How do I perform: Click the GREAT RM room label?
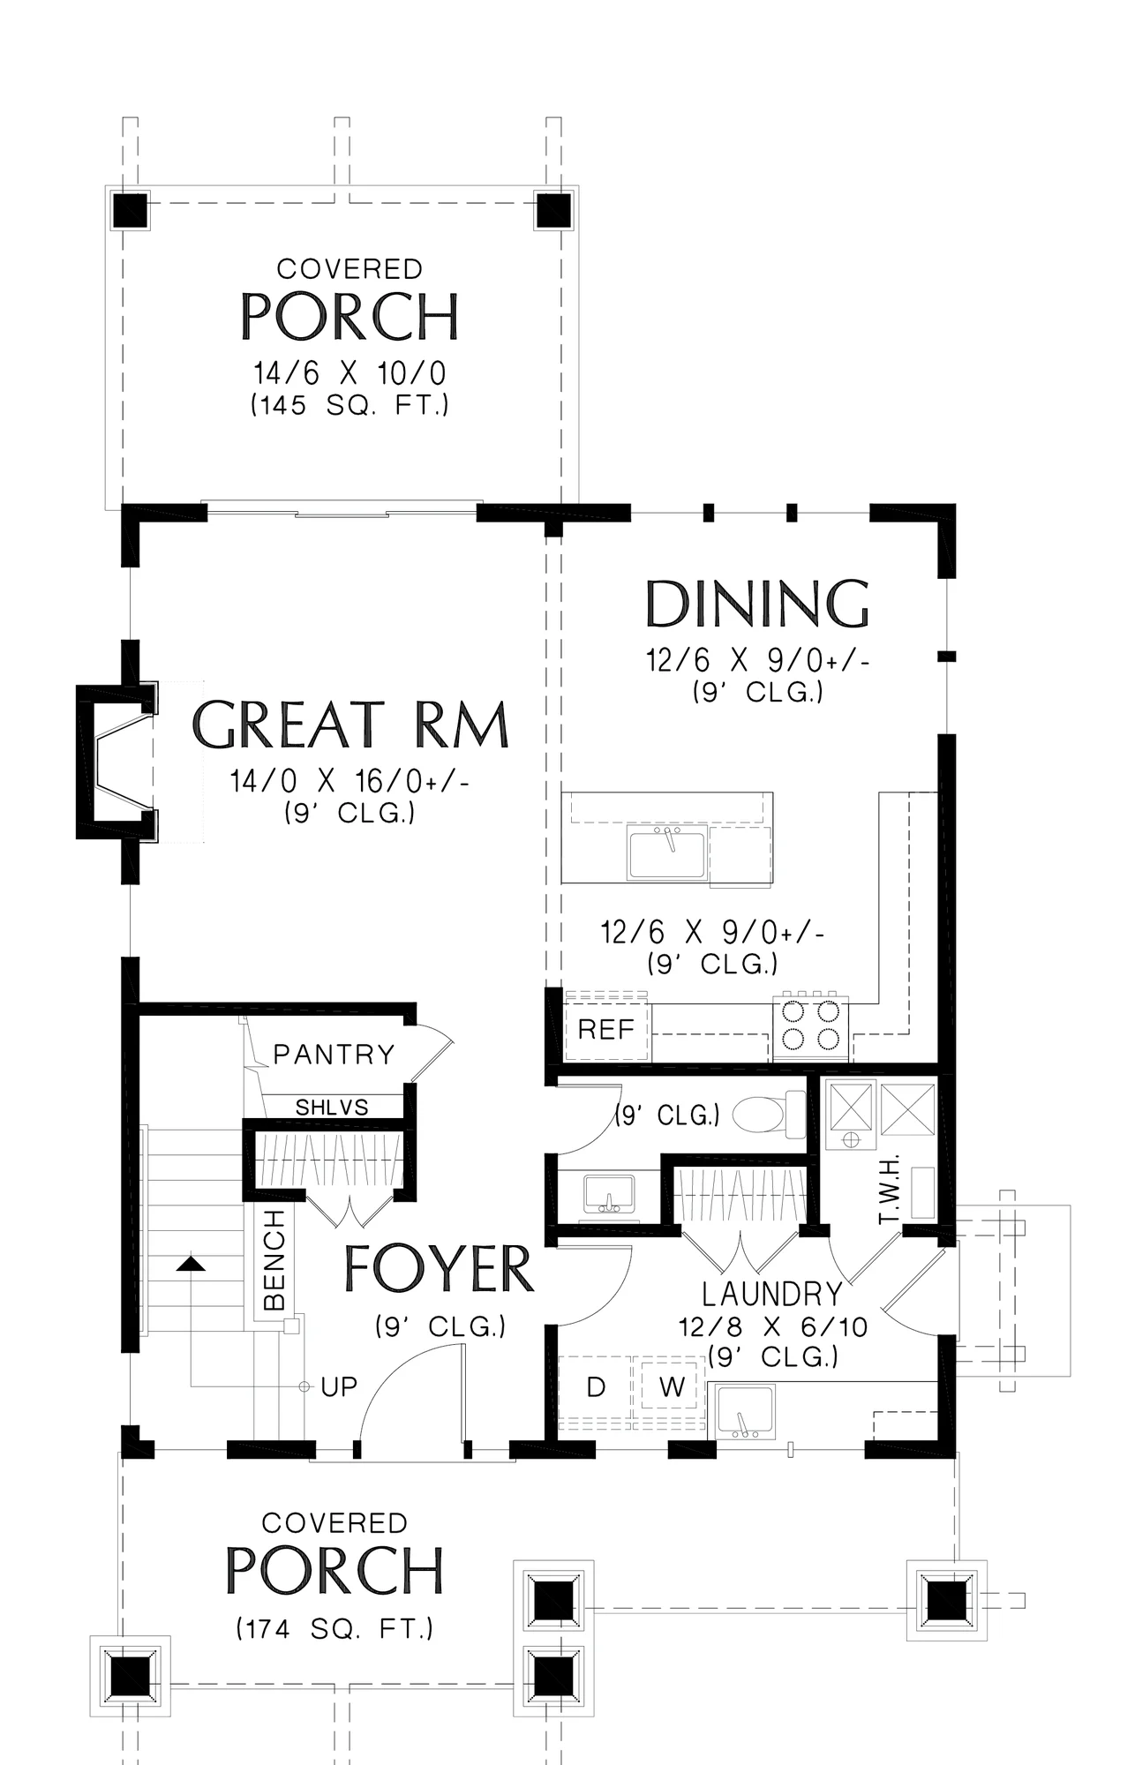[350, 725]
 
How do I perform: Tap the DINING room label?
[757, 604]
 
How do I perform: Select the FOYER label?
[439, 1269]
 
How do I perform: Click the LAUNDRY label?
[772, 1295]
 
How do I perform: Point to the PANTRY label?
[334, 1054]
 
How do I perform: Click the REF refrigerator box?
[606, 1029]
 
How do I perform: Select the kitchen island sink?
[667, 852]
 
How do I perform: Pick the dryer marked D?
[596, 1386]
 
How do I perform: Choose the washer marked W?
[671, 1386]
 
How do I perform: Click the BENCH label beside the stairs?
[274, 1260]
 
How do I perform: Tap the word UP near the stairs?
[339, 1387]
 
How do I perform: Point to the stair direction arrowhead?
[191, 1264]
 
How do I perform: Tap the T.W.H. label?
[889, 1189]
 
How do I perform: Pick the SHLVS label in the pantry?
[332, 1107]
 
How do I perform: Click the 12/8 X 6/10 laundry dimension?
[773, 1326]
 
